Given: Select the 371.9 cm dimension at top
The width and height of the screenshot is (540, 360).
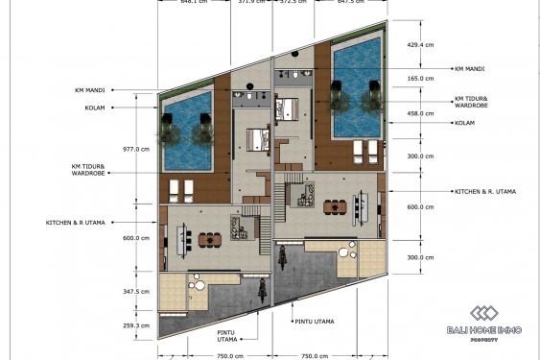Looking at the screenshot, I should tap(253, 3).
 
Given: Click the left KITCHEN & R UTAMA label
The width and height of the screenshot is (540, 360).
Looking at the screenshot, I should tap(74, 223).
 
